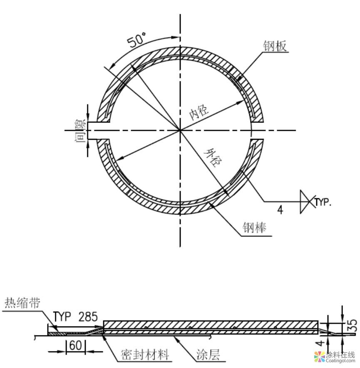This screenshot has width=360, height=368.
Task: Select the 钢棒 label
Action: click(x=254, y=228)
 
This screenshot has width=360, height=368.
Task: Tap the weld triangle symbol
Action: click(x=307, y=202)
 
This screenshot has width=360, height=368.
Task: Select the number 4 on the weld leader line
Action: click(x=280, y=210)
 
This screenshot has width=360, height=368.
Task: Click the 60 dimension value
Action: click(x=75, y=346)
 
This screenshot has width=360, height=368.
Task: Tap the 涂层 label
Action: click(x=208, y=355)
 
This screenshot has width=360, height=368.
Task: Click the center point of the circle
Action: click(x=180, y=130)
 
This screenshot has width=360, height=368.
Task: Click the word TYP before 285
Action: click(x=62, y=317)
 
